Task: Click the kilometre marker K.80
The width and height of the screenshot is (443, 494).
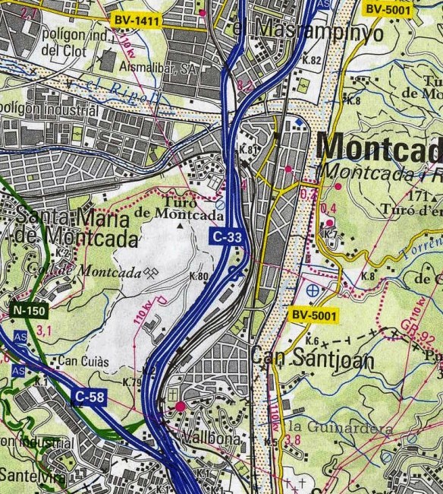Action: coord(198,277)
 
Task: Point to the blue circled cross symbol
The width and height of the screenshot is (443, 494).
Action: coord(312,290)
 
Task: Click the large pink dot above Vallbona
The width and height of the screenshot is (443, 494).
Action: coord(180,407)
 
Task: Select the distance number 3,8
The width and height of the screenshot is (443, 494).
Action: coord(294,439)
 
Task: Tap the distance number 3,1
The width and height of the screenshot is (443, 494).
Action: coord(44,330)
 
